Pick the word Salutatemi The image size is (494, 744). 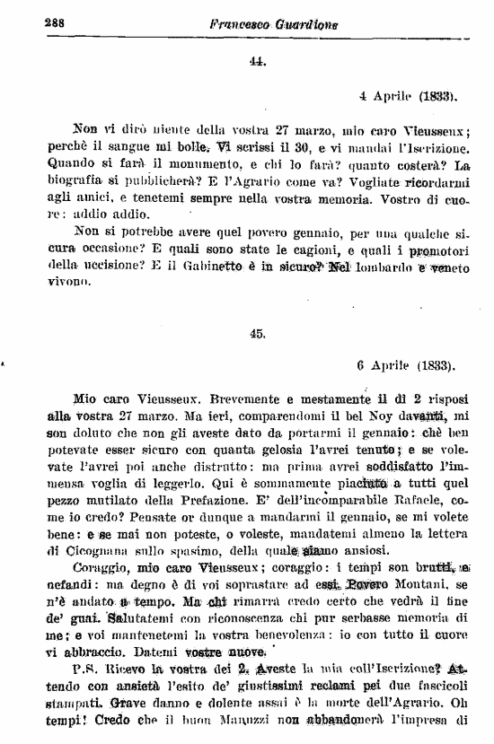point(142,618)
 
